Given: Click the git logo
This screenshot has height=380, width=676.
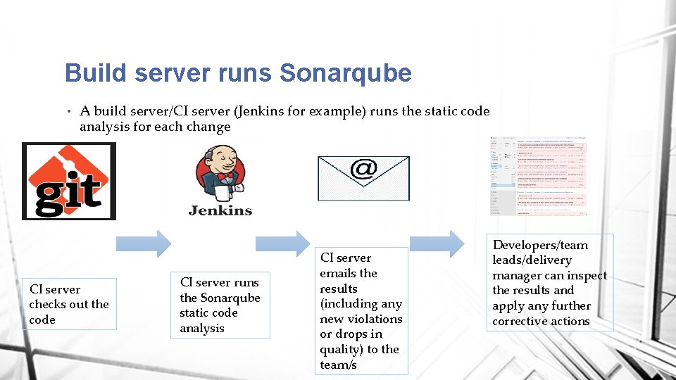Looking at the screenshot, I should coord(69,181).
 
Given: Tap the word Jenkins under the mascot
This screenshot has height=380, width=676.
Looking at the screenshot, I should coord(220,210).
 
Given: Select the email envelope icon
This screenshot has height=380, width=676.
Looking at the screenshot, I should coord(363,178).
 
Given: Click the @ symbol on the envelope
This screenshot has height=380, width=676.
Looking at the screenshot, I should coord(363,169).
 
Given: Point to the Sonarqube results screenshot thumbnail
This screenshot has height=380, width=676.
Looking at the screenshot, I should coord(539,177).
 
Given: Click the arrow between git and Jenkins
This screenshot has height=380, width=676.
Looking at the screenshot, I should coord(143,243).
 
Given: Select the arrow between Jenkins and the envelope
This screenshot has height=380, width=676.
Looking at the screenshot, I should coord(282,243).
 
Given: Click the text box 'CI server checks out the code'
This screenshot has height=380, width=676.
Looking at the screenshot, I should coord(69,305).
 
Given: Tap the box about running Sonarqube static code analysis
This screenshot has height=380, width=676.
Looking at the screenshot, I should coord(220,305).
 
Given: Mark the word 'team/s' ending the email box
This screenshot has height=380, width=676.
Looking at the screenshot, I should coord(338,365).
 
